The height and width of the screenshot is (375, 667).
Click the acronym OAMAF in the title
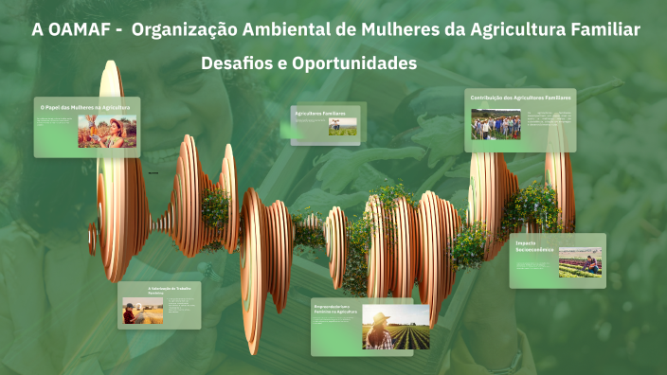pyautogui.click(x=78, y=30)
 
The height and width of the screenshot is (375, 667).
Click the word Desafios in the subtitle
pyautogui.click(x=242, y=64)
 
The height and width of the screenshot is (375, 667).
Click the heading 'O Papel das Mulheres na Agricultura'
pyautogui.click(x=85, y=107)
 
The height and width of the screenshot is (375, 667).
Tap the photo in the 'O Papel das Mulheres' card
pyautogui.click(x=106, y=132)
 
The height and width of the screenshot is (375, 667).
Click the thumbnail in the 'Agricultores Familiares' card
pyautogui.click(x=342, y=127)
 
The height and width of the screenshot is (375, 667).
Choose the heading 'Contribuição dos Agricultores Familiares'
pyautogui.click(x=521, y=98)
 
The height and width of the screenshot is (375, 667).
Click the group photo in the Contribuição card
pyautogui.click(x=496, y=124)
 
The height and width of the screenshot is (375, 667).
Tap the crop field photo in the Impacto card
pyautogui.click(x=579, y=262)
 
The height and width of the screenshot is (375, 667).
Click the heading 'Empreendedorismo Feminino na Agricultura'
pyautogui.click(x=333, y=310)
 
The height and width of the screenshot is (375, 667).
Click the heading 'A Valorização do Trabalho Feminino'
pyautogui.click(x=170, y=290)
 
